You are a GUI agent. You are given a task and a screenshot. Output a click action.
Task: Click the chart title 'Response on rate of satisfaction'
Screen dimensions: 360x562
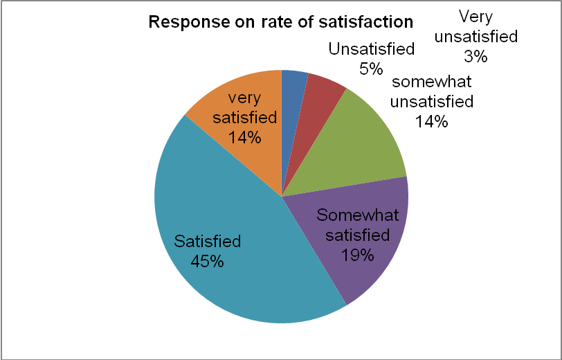(281, 21)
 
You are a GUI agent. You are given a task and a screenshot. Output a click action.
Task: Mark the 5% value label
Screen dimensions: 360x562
(371, 68)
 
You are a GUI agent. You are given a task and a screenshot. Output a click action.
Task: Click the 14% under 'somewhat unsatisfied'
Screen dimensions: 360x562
(432, 122)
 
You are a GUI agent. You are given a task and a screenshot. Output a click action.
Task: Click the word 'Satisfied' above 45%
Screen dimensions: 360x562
(208, 242)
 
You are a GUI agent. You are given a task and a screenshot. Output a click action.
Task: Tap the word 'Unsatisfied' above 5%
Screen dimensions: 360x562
(372, 49)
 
